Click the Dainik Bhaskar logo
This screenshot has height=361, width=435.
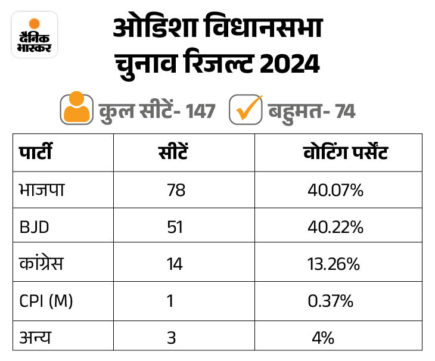(35, 35)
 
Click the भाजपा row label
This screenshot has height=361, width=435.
(41, 190)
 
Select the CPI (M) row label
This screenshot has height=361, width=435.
(46, 301)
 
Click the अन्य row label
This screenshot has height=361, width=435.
(35, 338)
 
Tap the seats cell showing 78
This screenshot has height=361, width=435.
(176, 191)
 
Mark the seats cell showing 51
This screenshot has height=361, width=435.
(175, 228)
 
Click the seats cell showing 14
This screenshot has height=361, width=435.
(175, 264)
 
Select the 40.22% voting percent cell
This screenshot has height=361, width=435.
(335, 228)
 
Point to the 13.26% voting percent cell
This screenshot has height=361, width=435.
(333, 264)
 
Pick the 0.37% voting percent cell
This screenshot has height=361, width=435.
(330, 301)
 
